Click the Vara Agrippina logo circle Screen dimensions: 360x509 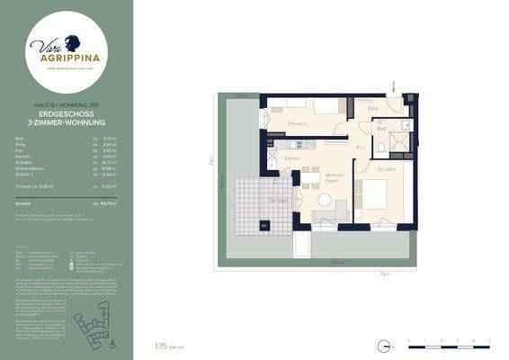(x=67, y=49)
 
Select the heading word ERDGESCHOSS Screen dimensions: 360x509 (x=67, y=114)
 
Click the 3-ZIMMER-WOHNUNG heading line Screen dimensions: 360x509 (x=67, y=121)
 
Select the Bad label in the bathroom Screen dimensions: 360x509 (x=380, y=129)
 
